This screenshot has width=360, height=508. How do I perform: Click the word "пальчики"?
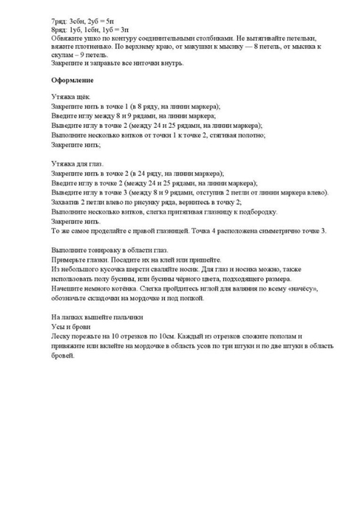129,317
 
